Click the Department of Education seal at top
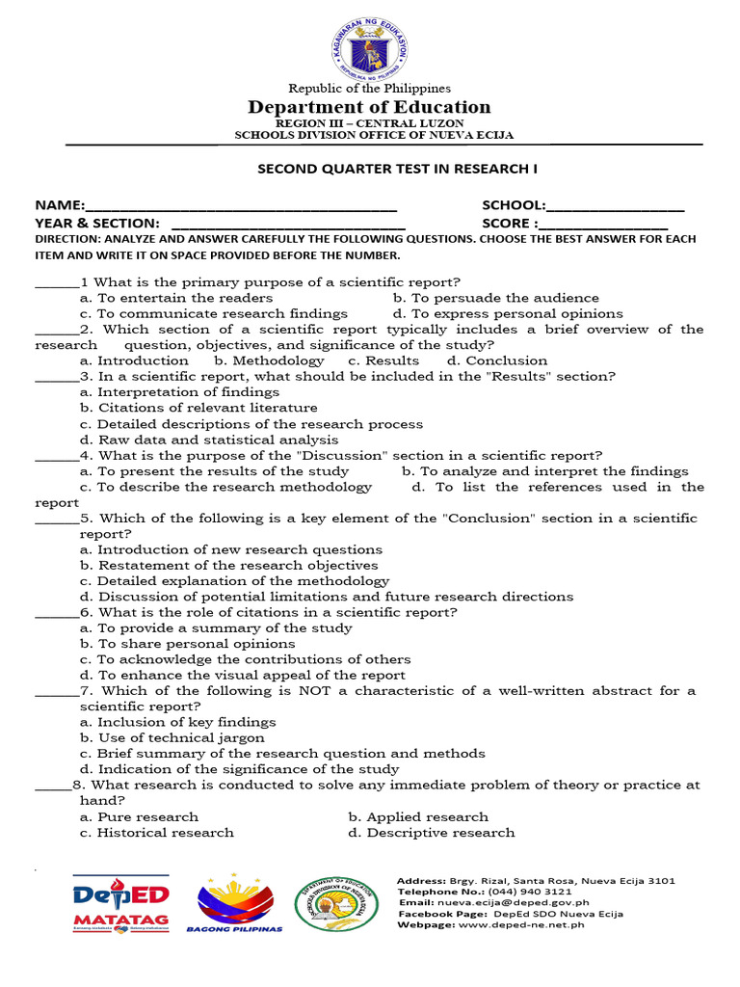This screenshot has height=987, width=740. (x=370, y=43)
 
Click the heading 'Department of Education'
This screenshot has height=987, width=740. (x=370, y=107)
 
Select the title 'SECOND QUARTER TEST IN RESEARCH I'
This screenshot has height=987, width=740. (x=396, y=169)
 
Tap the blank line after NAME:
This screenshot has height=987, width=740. (x=241, y=207)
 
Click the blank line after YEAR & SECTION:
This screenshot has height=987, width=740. (x=279, y=224)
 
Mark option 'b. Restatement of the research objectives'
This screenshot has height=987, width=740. (x=228, y=566)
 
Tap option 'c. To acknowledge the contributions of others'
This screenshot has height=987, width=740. (x=245, y=659)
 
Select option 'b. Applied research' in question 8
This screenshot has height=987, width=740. (x=418, y=816)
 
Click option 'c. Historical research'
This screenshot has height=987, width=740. (x=157, y=833)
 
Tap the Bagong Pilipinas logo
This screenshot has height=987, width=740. (x=240, y=904)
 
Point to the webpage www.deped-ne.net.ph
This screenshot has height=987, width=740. (x=523, y=925)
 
